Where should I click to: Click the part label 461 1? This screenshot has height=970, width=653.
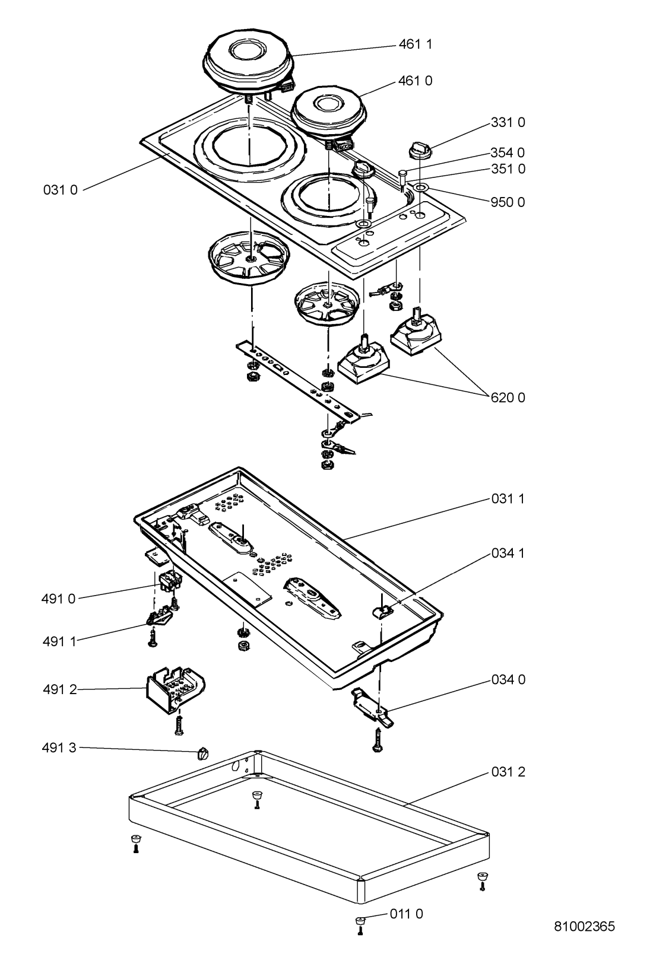415,44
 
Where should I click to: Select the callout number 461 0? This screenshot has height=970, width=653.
415,81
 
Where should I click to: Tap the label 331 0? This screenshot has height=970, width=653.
508,123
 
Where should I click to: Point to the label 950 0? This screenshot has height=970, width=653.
508,202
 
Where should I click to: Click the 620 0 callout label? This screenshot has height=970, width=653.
508,397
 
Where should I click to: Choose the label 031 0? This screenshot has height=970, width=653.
60,190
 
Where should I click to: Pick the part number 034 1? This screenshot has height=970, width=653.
508,554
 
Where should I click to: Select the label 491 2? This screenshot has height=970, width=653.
60,689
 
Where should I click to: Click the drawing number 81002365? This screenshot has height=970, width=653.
585,926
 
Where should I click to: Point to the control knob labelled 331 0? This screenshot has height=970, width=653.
420,151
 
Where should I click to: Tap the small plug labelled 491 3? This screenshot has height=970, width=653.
203,753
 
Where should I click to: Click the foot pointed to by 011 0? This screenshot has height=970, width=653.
360,922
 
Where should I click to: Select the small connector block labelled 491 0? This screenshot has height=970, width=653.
171,581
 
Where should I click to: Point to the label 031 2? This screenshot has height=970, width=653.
508,772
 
